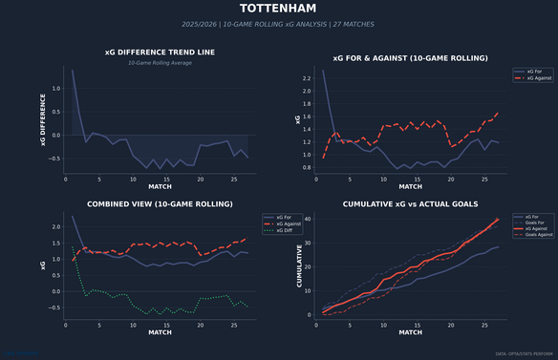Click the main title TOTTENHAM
279,11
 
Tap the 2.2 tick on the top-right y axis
305,77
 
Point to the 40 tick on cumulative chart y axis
307,219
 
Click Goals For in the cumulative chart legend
527,223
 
